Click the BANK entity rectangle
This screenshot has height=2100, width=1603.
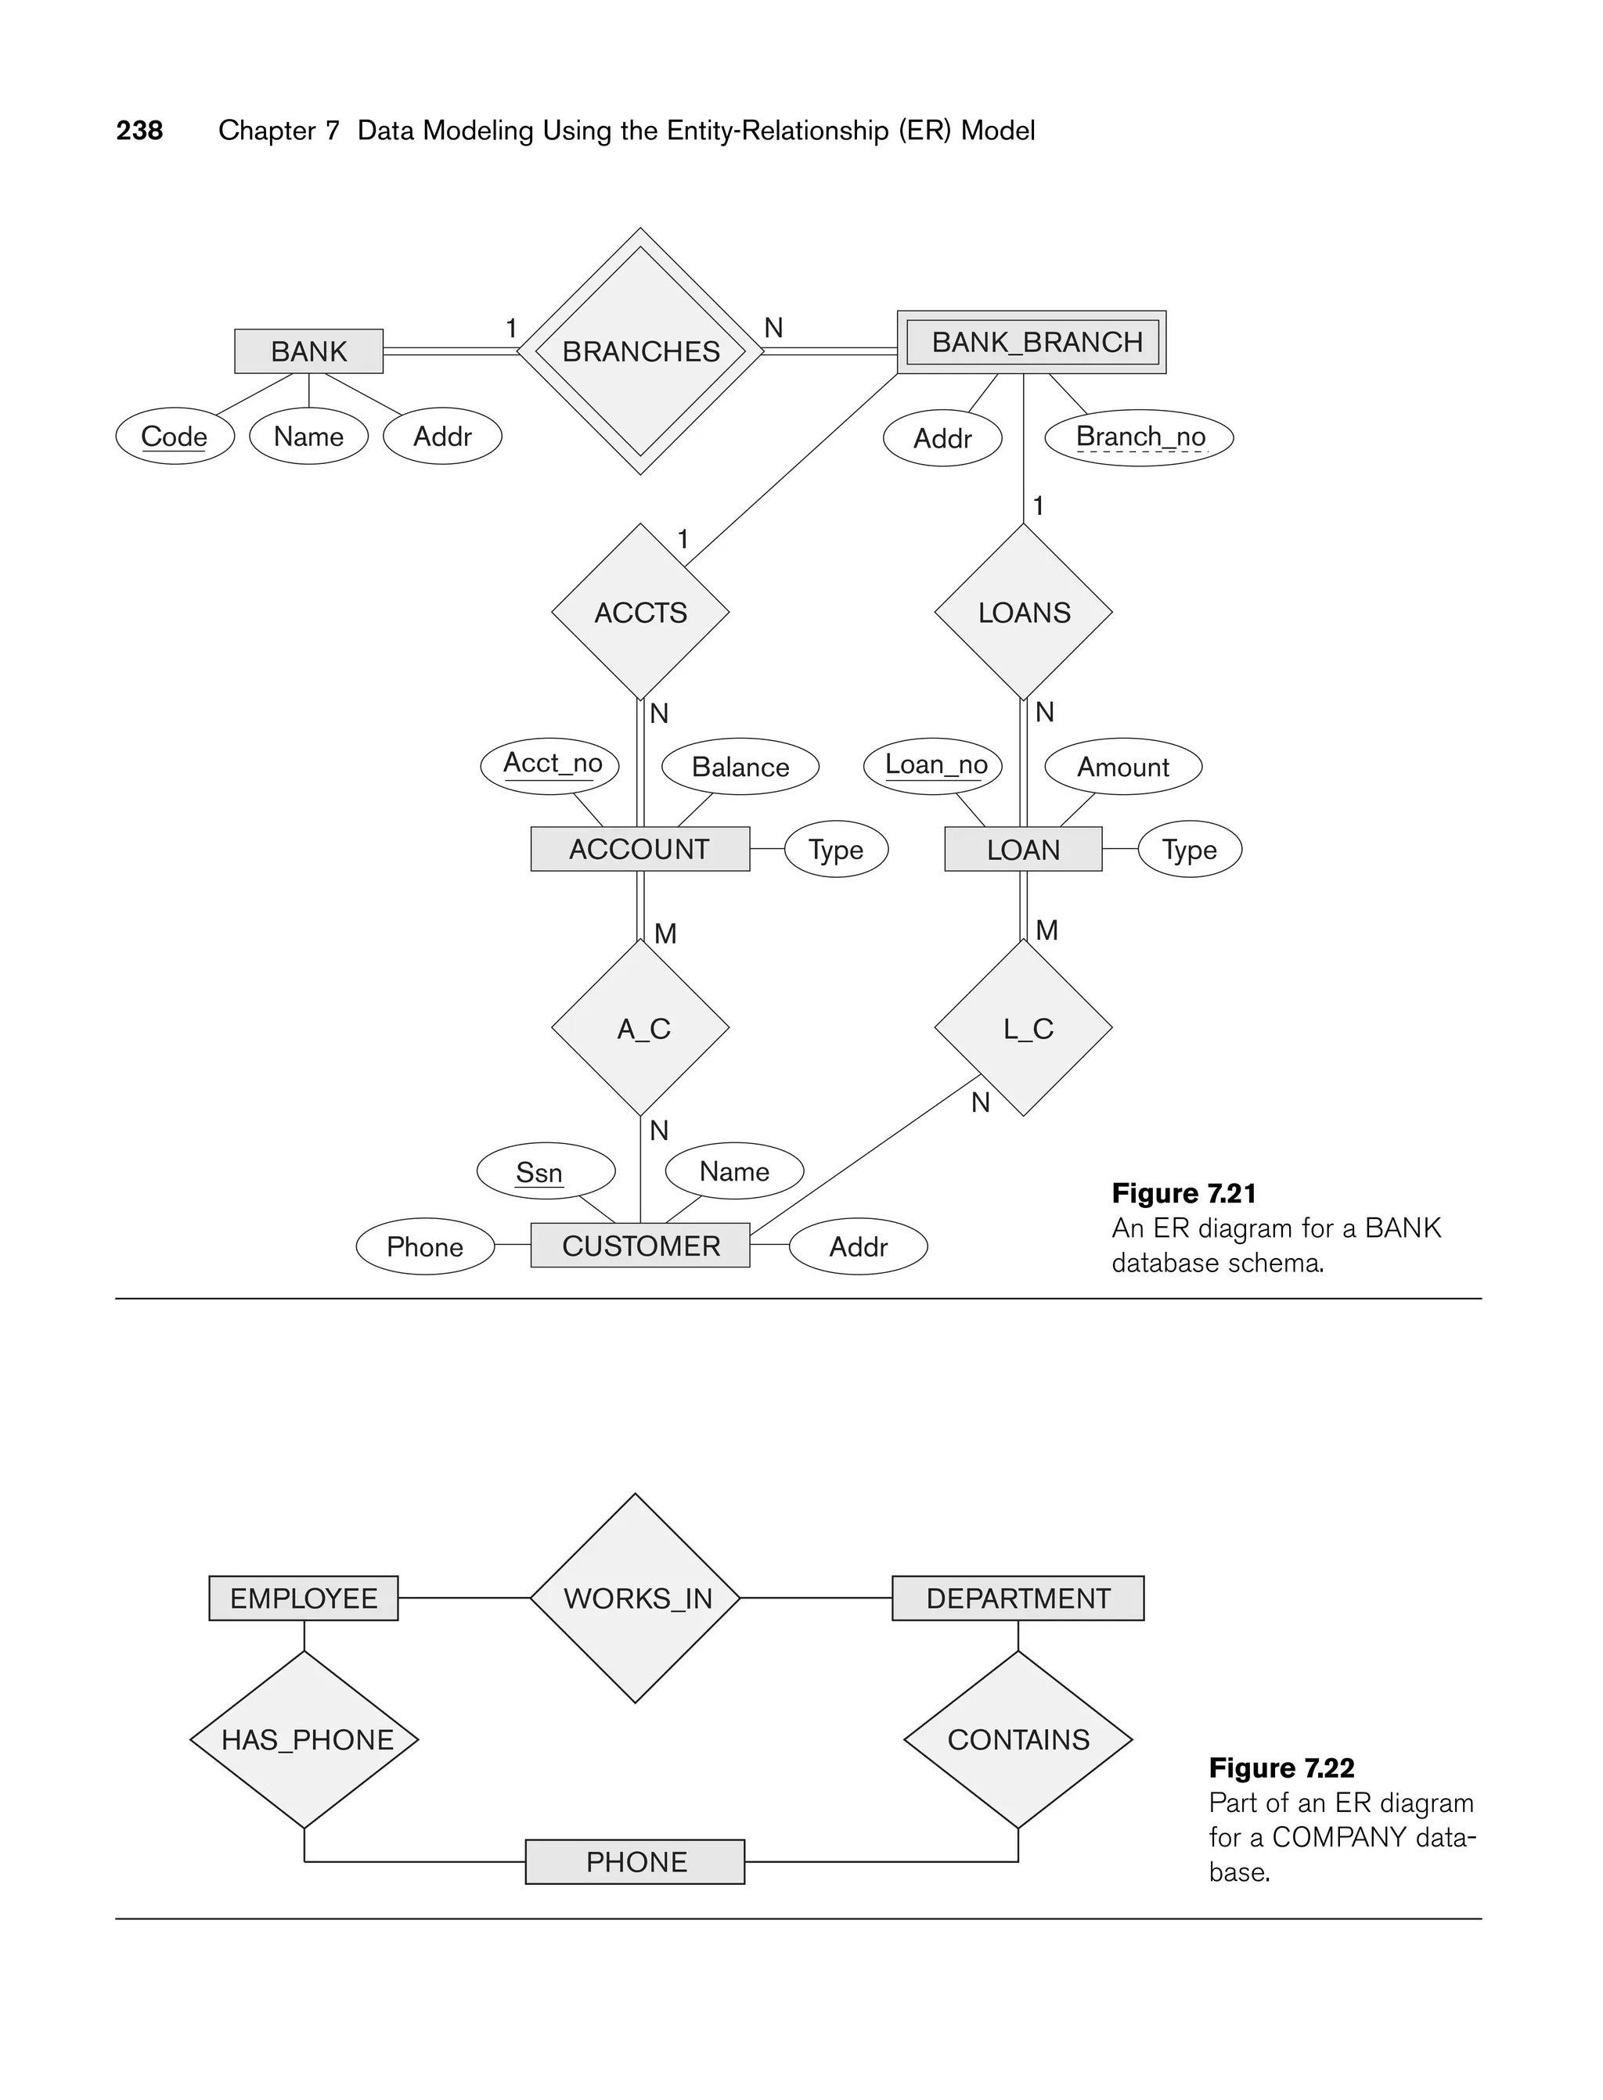(308, 351)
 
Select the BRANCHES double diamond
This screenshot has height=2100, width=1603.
(640, 351)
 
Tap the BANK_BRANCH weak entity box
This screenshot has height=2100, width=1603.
(1032, 343)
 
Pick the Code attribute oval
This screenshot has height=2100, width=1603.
(175, 437)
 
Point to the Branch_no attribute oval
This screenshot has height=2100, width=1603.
(1140, 437)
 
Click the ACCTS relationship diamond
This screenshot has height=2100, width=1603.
(640, 613)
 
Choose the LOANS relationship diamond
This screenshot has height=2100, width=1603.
(1023, 613)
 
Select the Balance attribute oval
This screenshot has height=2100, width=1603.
(740, 767)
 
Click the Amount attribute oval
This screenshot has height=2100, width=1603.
(1123, 767)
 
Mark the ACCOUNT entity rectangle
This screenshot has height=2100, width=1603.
(639, 849)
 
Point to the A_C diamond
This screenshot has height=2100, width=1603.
(640, 1028)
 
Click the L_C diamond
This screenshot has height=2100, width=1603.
(1023, 1028)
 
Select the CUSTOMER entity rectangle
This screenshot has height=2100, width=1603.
(640, 1246)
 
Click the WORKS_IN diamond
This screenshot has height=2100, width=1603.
(636, 1598)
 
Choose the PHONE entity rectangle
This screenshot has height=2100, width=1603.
(636, 1861)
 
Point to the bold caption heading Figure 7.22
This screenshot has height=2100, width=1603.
(1281, 1768)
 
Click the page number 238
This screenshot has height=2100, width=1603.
(139, 131)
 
